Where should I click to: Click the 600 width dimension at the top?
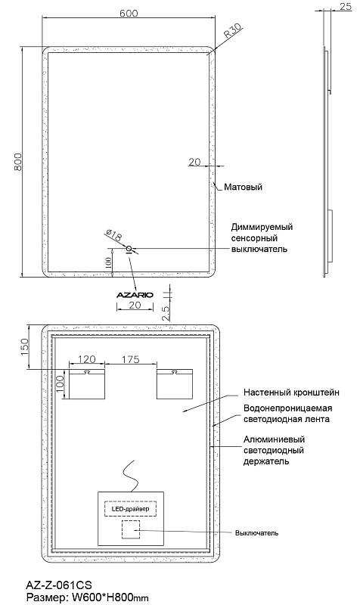click(129, 13)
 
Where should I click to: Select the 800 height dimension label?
click(18, 162)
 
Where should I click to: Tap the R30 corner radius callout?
click(233, 30)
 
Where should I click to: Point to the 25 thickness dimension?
click(346, 7)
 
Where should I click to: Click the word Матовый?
click(243, 187)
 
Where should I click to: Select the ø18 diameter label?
click(113, 235)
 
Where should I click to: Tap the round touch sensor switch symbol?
click(129, 249)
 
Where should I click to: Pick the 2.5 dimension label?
click(165, 314)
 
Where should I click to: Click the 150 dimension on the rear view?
click(24, 347)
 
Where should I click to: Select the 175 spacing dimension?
click(130, 360)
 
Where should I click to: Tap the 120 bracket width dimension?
click(86, 360)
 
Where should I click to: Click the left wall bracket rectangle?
click(87, 384)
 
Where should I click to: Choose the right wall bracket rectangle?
click(175, 384)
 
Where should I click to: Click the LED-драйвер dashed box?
click(131, 508)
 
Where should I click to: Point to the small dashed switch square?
click(130, 529)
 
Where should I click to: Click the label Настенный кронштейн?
click(291, 392)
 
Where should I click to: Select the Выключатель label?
click(256, 533)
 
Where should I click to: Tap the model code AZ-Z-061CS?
click(59, 585)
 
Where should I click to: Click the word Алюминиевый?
click(274, 439)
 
